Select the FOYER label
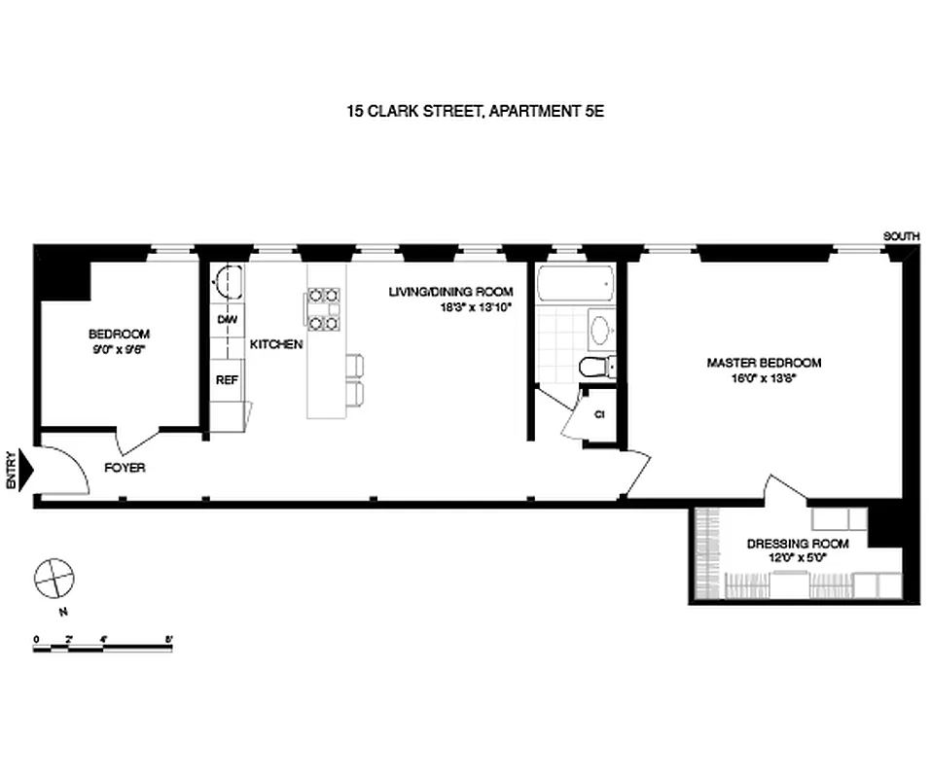click(125, 468)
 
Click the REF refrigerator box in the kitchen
click(227, 380)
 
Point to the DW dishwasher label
click(227, 319)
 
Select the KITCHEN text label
click(276, 344)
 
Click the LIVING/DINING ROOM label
click(450, 292)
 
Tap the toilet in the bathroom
click(592, 367)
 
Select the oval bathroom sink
click(600, 330)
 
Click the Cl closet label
click(599, 414)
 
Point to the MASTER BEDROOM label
click(764, 363)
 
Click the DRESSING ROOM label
click(798, 544)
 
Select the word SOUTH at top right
click(900, 236)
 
